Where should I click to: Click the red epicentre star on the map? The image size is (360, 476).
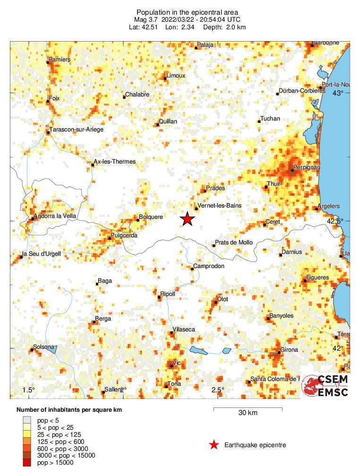188,219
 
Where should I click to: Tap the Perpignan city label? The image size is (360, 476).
307,167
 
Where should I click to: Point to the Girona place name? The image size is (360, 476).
289,350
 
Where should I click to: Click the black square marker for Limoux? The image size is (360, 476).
165,78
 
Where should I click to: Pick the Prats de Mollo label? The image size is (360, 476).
234,242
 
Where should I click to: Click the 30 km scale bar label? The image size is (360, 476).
248,413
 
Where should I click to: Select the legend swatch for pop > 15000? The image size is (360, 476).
28,462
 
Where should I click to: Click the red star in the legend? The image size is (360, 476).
214,445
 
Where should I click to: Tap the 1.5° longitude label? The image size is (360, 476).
29,390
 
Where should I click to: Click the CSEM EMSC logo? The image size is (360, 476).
325,385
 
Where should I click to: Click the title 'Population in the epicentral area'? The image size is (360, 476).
180,12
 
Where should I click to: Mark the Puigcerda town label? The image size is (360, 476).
124,235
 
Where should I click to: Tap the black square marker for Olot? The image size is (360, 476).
215,302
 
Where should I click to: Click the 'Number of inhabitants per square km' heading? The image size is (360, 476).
69,409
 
